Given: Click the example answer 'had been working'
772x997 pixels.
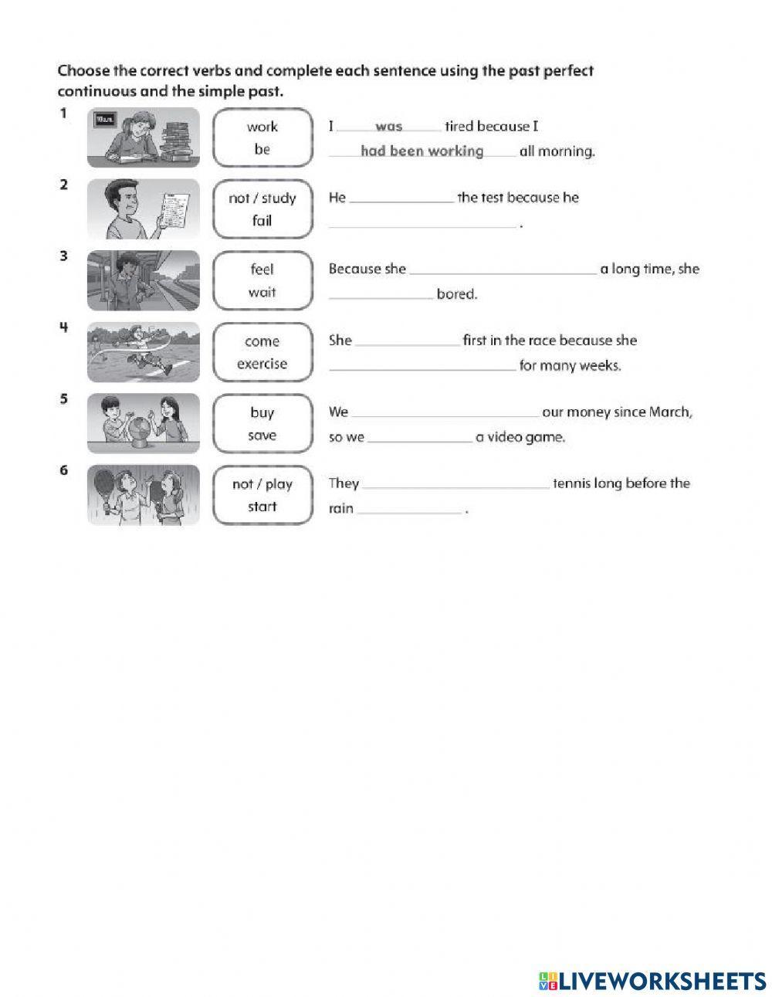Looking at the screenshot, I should tap(422, 151).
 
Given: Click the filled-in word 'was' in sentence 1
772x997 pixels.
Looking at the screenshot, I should tap(389, 127).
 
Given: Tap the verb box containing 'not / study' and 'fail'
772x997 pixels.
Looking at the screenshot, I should tap(262, 209).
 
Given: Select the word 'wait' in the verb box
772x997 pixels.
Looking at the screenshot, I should tap(262, 292).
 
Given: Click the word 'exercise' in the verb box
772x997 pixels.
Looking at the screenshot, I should tap(262, 364).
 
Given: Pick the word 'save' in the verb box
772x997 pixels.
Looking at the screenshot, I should tap(262, 436).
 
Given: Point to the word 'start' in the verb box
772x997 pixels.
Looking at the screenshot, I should tap(262, 507).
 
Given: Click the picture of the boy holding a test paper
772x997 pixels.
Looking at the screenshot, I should tap(143, 209).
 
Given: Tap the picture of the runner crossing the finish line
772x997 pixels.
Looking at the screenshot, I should tap(143, 352).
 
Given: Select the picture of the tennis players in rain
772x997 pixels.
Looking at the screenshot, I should tap(143, 495).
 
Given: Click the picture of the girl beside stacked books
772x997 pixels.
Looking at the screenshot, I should tap(143, 137).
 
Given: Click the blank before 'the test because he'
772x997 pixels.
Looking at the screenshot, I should tap(401, 199).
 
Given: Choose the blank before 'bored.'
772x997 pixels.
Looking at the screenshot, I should tap(381, 295).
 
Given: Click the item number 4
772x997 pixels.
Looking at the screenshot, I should tap(63, 327).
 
